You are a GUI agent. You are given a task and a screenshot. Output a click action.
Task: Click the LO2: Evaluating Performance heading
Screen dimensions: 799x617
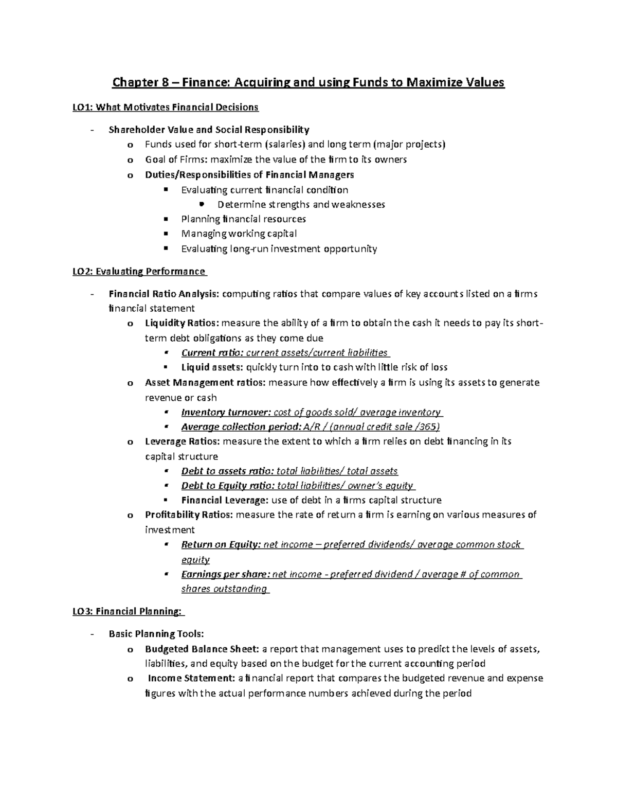(x=139, y=271)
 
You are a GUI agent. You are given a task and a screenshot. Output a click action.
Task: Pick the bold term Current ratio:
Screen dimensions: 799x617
(x=212, y=353)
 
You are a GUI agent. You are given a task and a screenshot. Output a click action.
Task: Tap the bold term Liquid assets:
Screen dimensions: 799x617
(x=212, y=367)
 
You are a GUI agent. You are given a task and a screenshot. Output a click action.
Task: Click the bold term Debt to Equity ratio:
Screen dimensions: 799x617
(x=228, y=486)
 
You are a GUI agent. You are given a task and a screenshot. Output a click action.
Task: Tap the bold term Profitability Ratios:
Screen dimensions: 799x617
(x=189, y=514)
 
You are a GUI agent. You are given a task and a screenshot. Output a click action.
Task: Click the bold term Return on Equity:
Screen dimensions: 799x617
(x=222, y=544)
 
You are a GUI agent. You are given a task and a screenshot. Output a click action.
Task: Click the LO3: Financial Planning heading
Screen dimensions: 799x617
(x=128, y=611)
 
